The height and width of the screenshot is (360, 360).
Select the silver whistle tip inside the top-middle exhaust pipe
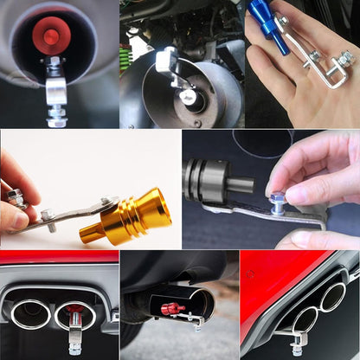point(188,95)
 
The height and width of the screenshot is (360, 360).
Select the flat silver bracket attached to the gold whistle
point(65,216)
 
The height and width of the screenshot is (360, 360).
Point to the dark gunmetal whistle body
point(207,180)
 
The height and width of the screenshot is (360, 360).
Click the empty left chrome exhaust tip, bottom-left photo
point(31,313)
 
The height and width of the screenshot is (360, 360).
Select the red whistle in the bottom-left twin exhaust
point(76,310)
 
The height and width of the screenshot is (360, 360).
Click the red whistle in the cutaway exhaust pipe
point(171,307)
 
